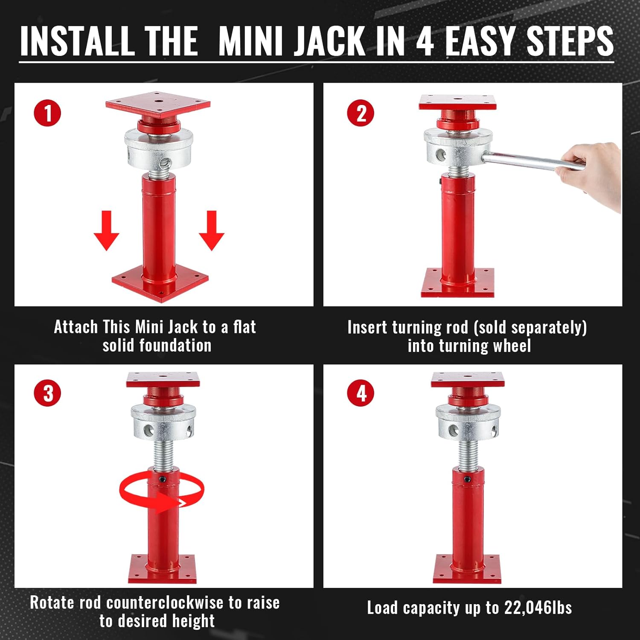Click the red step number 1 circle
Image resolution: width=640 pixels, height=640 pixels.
click(47, 113)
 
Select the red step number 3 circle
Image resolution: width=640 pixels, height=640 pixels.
click(47, 393)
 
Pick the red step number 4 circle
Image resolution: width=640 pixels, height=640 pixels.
click(361, 393)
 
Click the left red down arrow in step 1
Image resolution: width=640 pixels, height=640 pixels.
click(106, 231)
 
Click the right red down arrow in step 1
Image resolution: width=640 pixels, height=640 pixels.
click(212, 231)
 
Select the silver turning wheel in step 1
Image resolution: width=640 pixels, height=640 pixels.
click(158, 149)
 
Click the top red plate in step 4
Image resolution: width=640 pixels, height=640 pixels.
click(468, 380)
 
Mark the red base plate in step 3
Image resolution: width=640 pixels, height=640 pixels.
click(163, 570)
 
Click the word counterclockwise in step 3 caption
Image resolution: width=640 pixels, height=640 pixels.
click(165, 603)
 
